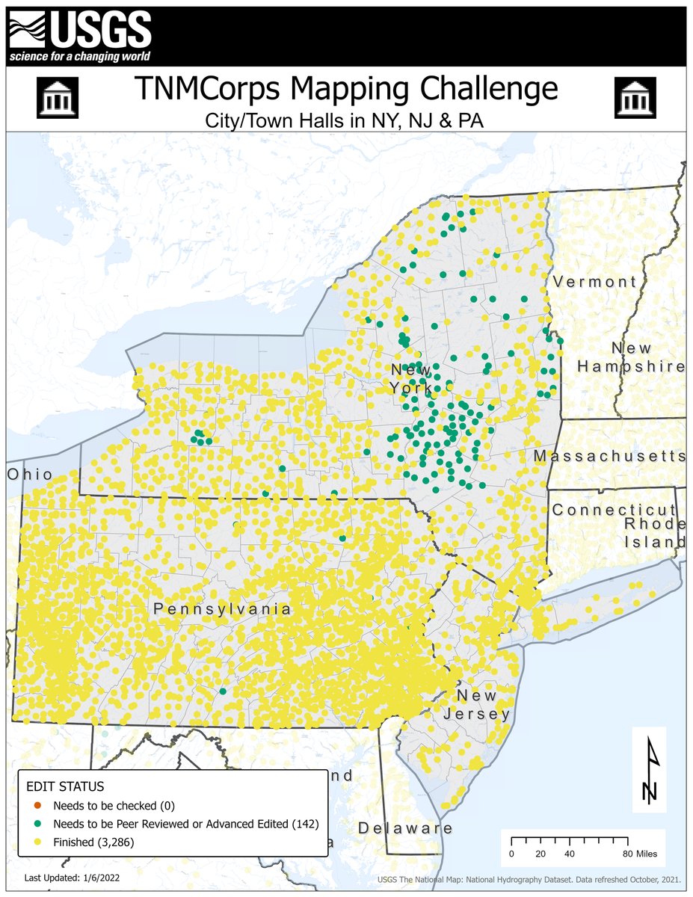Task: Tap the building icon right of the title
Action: (635, 97)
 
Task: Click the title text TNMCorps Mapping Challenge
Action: (346, 89)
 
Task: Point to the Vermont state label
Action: (595, 282)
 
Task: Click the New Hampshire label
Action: (632, 357)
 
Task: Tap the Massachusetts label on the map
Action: (609, 456)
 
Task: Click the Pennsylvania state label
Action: (222, 609)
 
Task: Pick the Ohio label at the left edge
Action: (31, 475)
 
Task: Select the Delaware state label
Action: (404, 828)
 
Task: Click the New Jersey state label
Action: (483, 705)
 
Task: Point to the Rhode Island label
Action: (655, 531)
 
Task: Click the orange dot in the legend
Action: (37, 807)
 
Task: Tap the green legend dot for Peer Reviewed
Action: (37, 824)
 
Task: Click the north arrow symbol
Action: (647, 769)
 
